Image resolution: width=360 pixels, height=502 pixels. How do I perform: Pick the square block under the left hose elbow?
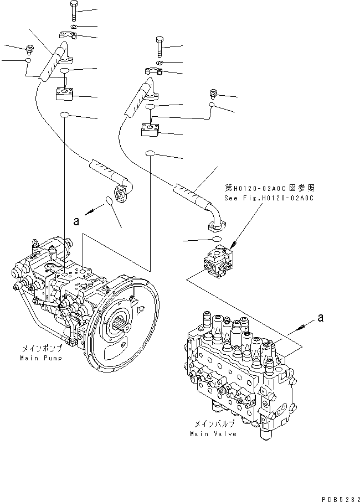point(66,93)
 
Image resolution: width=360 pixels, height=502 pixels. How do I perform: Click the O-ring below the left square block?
point(65,115)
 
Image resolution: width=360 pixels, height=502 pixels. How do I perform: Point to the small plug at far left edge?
point(28,49)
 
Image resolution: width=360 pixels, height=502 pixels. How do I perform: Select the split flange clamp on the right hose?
point(155,71)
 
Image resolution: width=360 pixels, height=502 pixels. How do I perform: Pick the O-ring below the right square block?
point(150,153)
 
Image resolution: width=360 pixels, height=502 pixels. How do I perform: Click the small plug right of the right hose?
point(213,93)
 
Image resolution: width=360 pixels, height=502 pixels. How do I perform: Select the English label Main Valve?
point(213,433)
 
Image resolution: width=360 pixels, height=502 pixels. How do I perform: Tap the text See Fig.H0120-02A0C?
point(269,198)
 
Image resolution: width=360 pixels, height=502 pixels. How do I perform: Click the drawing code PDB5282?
point(337,496)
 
